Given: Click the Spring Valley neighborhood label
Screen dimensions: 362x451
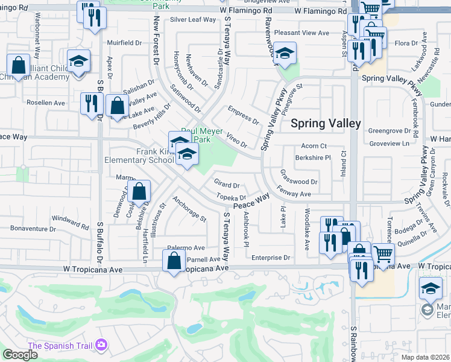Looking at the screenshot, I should click(x=326, y=124).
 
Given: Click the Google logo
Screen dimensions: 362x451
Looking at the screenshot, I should click(x=20, y=354).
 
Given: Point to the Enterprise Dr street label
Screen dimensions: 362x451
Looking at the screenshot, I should click(x=271, y=258).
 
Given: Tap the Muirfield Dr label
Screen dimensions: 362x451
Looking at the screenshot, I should click(x=124, y=43).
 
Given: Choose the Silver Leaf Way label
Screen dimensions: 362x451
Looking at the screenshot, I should click(x=192, y=19).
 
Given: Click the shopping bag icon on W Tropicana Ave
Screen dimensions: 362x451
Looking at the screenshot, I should click(x=174, y=261).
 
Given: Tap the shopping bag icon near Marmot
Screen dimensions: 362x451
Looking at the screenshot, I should click(x=139, y=191).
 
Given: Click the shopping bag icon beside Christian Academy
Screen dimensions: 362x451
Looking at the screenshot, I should click(x=19, y=64).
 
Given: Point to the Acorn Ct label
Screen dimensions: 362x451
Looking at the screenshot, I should click(x=314, y=146).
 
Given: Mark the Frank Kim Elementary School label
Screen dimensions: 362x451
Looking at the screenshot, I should click(x=137, y=156).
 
